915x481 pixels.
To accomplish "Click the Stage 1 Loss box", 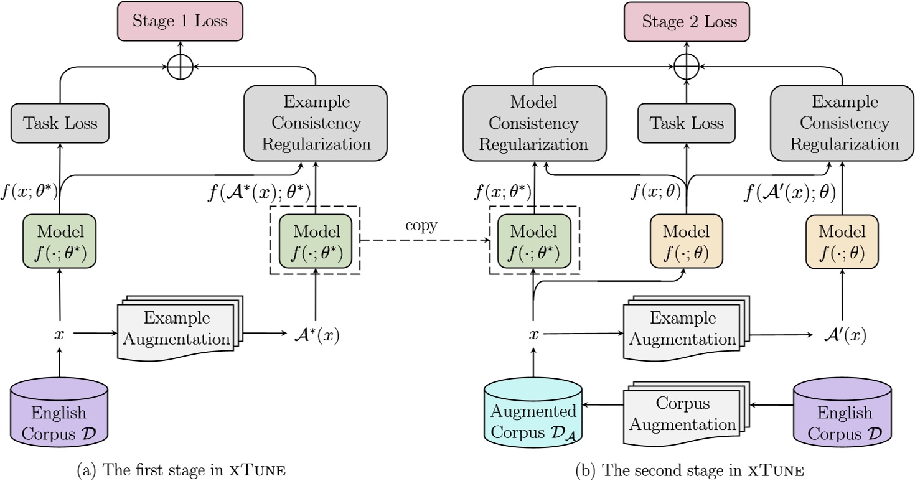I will pos(181,22).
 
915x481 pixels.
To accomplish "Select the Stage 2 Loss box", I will pos(688,22).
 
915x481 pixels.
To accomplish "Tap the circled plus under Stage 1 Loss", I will pos(181,65).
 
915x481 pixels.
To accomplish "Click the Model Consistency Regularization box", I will pos(535,123).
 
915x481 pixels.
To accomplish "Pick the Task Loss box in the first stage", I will pos(60,123).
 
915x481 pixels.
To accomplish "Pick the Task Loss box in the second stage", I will pos(687,123).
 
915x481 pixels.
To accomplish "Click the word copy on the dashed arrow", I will pos(421,226).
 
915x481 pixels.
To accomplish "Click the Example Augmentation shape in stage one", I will pos(176,330).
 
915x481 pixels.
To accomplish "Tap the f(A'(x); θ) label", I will pos(789,192).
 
